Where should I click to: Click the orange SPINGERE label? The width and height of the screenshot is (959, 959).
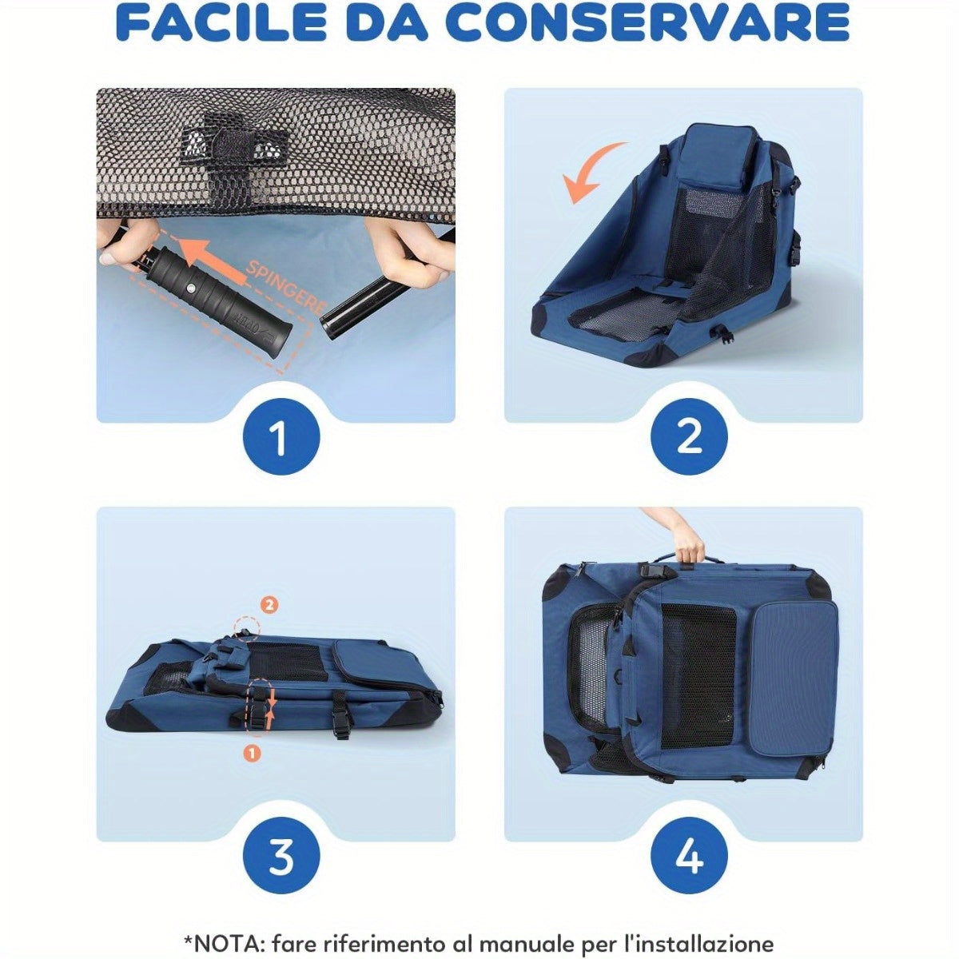(x=285, y=288)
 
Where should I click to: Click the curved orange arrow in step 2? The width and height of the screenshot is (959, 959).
(x=591, y=172)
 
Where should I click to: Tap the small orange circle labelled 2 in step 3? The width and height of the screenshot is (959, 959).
(x=269, y=605)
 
